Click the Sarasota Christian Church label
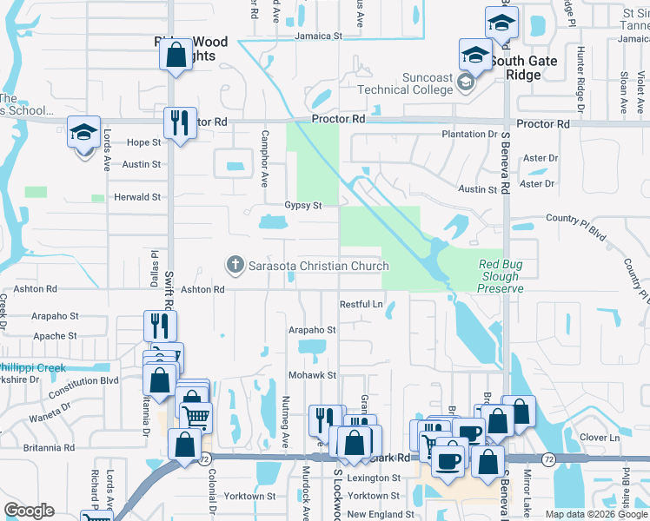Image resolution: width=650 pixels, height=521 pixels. (x=319, y=266)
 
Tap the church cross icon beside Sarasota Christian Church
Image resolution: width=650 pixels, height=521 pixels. (x=234, y=264)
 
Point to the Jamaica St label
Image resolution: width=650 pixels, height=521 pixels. (x=318, y=36)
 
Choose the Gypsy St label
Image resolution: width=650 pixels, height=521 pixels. (x=303, y=206)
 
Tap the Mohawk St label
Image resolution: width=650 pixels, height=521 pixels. (x=313, y=375)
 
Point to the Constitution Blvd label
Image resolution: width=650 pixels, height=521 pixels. (x=85, y=380)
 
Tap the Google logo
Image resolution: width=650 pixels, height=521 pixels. (x=29, y=511)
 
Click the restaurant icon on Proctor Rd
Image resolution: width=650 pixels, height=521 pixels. (x=180, y=122)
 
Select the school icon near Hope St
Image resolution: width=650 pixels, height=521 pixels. (x=84, y=132)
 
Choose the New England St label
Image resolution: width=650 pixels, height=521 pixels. (x=373, y=514)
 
